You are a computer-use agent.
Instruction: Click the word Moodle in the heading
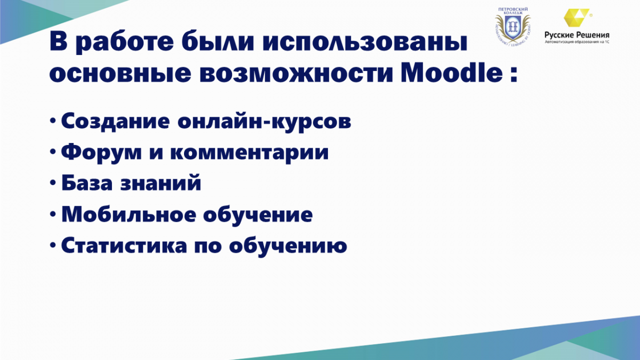tap(451, 73)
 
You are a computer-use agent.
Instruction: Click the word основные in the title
tap(121, 74)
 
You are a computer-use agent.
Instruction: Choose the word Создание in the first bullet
tap(115, 121)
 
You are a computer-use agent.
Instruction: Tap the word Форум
tap(101, 153)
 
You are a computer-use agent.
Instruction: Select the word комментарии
tap(250, 153)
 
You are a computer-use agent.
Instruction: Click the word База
tap(87, 182)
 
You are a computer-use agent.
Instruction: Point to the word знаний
tap(161, 182)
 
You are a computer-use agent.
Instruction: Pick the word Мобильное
tap(129, 214)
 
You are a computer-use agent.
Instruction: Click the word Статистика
tap(124, 245)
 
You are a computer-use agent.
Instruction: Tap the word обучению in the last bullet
tap(288, 246)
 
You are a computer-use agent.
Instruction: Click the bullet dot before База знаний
tap(53, 182)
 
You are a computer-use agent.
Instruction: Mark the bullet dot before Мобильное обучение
tap(53, 214)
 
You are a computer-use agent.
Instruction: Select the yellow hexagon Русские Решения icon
tap(577, 18)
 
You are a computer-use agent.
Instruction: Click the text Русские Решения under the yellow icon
tap(577, 35)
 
